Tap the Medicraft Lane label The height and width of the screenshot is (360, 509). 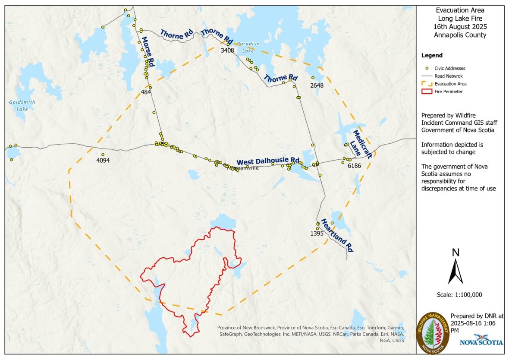pyautogui.click(x=361, y=144)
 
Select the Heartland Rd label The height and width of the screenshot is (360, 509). pyautogui.click(x=337, y=236)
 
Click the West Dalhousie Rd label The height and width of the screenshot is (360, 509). pyautogui.click(x=268, y=161)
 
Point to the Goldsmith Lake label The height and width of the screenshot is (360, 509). pyautogui.click(x=18, y=106)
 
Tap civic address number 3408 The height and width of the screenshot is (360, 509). pyautogui.click(x=227, y=51)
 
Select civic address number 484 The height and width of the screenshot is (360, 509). pyautogui.click(x=146, y=92)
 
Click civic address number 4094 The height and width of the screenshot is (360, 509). pyautogui.click(x=103, y=161)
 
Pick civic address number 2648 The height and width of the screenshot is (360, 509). pyautogui.click(x=317, y=85)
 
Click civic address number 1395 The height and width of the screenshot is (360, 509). pyautogui.click(x=317, y=233)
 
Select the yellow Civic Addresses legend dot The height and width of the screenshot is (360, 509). pyautogui.click(x=427, y=68)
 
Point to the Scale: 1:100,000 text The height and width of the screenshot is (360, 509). pyautogui.click(x=459, y=295)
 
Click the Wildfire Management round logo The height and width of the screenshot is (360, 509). pyautogui.click(x=433, y=333)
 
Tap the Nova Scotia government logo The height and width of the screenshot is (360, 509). pyautogui.click(x=481, y=340)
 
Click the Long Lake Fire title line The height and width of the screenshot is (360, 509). pyautogui.click(x=460, y=18)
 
